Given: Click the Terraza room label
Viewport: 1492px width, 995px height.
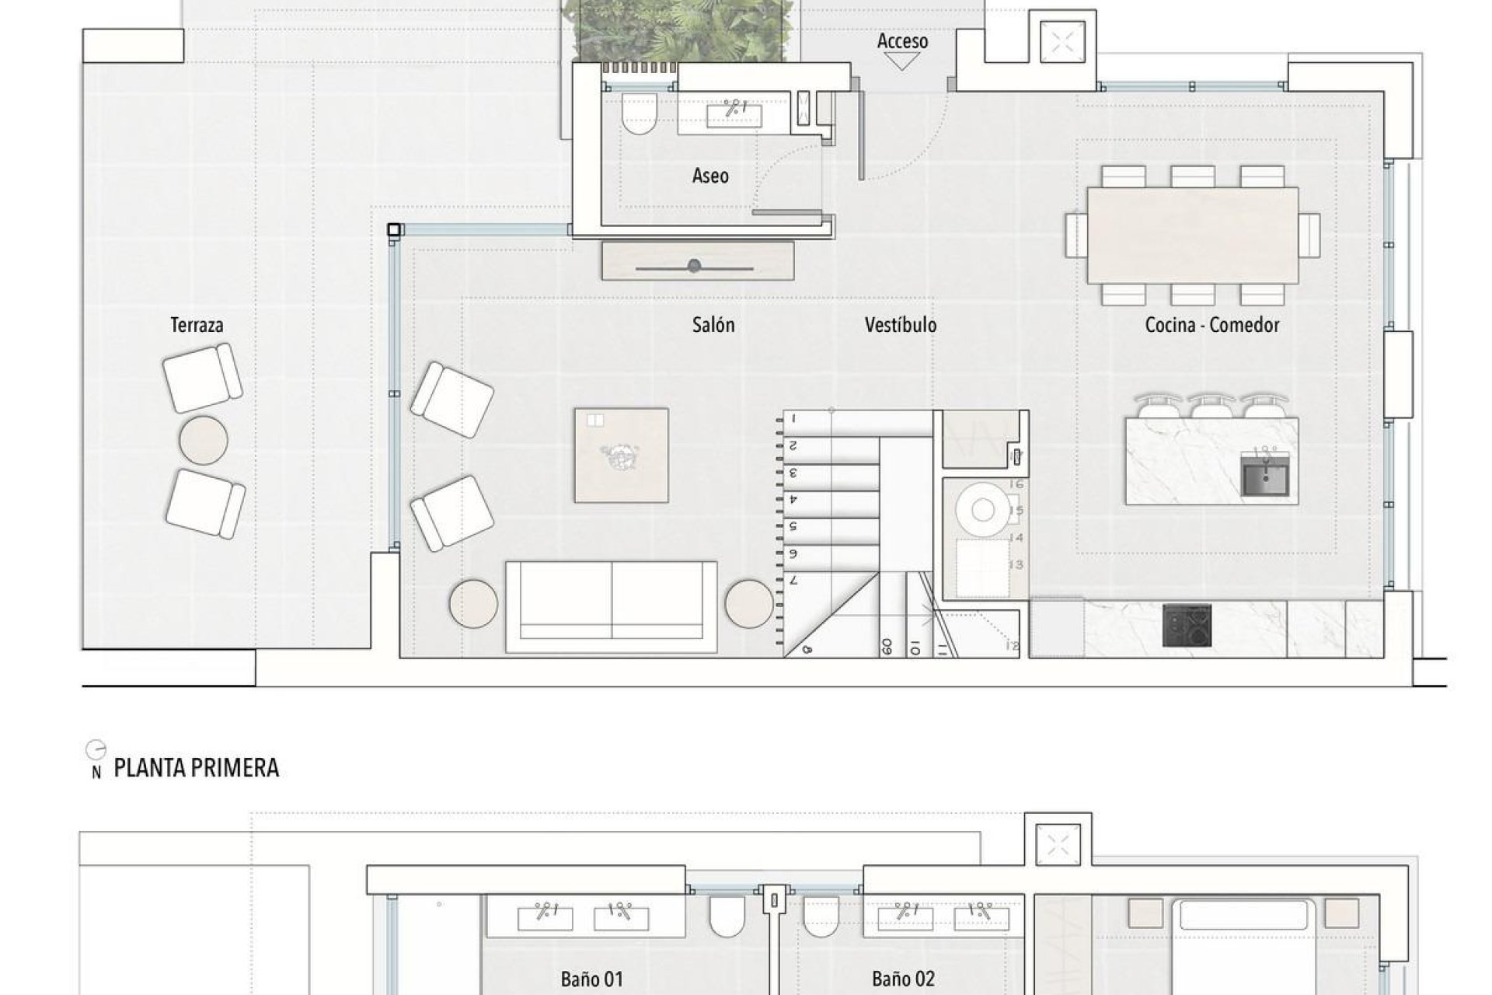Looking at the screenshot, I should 197,325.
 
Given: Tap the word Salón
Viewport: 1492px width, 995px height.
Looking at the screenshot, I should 713,325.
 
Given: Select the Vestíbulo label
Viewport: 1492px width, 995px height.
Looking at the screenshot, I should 901,325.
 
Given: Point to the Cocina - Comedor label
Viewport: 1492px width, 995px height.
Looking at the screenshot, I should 1211,325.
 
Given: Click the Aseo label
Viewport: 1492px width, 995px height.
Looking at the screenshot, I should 710,176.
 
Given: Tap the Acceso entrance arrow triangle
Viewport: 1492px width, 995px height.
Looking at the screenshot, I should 902,62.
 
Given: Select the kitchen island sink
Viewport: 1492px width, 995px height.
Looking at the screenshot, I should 1265,475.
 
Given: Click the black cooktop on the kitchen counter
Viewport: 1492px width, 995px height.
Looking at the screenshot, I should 1187,625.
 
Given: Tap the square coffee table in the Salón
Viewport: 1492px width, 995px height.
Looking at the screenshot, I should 621,456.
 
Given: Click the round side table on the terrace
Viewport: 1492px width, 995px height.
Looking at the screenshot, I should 204,440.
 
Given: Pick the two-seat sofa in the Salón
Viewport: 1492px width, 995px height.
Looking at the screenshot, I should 612,606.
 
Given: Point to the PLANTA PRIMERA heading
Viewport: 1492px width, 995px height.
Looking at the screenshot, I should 196,768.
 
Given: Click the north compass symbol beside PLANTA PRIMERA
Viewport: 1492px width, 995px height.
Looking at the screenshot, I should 96,751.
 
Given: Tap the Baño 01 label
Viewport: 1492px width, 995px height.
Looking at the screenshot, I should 591,979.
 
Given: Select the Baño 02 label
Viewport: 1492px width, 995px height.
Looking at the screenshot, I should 903,979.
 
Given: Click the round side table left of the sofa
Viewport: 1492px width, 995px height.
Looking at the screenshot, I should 473,603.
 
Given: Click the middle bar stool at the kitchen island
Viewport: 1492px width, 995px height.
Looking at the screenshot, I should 1211,407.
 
